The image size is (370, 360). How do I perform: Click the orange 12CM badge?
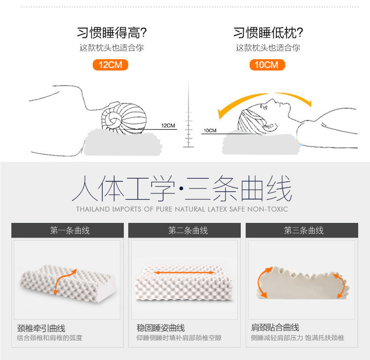110,65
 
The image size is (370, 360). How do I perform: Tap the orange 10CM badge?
267,65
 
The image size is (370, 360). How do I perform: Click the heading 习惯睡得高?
112,32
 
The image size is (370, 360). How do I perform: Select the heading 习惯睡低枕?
268,32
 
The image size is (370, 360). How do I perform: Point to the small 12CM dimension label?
168,126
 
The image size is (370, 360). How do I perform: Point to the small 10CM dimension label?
210,130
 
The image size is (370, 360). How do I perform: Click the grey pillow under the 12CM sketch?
123,143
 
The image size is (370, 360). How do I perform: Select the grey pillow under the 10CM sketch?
261,143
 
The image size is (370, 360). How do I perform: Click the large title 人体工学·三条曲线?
182,188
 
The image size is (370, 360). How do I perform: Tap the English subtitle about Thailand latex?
182,209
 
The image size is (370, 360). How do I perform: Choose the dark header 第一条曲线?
67,230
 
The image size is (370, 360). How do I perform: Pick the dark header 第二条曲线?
184,230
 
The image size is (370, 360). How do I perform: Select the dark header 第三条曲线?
302,230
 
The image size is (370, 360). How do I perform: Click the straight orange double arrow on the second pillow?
184,273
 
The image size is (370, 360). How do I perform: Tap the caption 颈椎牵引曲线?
41,328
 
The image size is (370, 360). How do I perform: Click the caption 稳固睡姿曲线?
161,328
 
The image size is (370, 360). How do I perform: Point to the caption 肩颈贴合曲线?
275,328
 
